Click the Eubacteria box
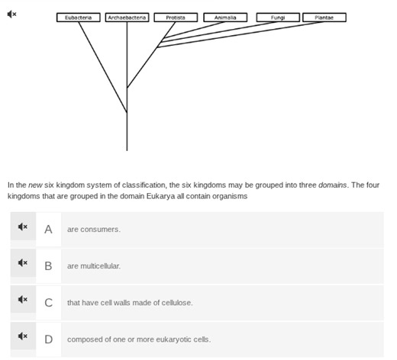point(79,18)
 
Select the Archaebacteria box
point(127,18)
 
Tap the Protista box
point(176,18)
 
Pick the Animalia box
point(225,18)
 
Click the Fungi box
point(278,18)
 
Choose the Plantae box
point(324,18)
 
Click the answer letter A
point(48,229)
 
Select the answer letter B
point(48,265)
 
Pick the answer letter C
point(48,302)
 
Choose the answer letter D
point(48,339)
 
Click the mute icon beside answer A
point(23,228)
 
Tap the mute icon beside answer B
point(23,265)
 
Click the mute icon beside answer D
point(23,338)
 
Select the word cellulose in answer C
point(176,303)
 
